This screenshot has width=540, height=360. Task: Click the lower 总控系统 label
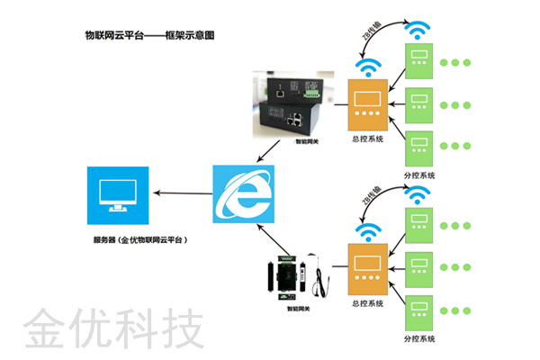pyautogui.click(x=366, y=303)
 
